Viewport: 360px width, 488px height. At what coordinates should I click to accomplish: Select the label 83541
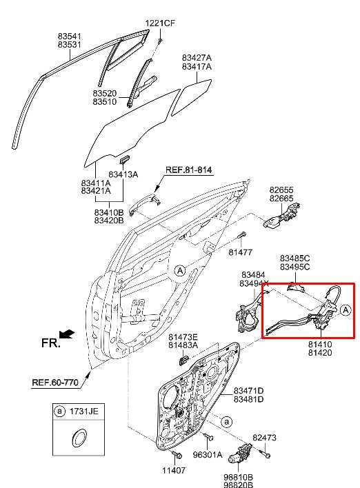point(70,35)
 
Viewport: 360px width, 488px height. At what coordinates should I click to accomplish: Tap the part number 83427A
point(197,58)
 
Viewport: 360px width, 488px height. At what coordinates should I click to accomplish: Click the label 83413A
point(123,175)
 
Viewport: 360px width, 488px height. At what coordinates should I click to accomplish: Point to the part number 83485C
point(294,258)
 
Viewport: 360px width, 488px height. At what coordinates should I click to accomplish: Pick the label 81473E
point(183,336)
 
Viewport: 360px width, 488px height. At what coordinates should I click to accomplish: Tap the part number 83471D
point(248,391)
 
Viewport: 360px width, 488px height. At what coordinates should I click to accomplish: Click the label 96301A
point(208,455)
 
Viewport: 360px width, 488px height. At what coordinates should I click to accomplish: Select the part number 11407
point(174,471)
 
